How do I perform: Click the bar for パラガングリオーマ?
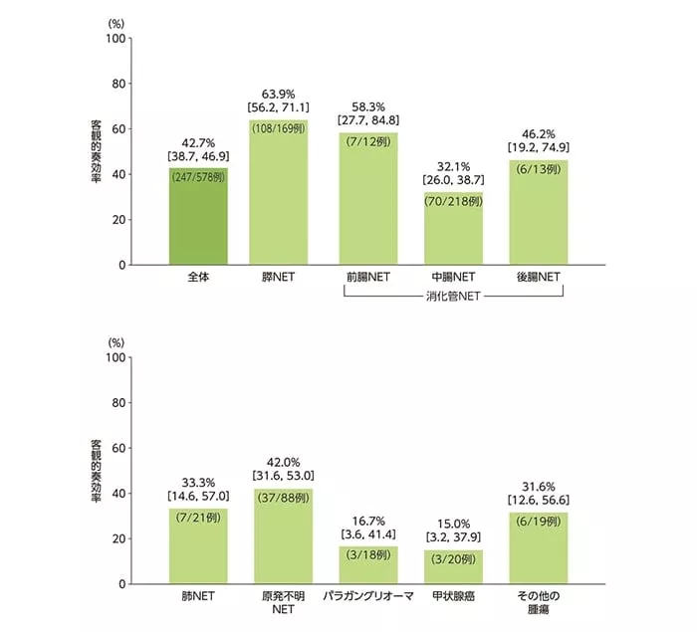point(368,564)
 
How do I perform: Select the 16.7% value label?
point(368,521)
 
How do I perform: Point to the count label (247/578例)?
point(197,176)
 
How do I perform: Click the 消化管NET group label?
point(454,297)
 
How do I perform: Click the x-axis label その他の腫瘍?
point(539,602)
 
